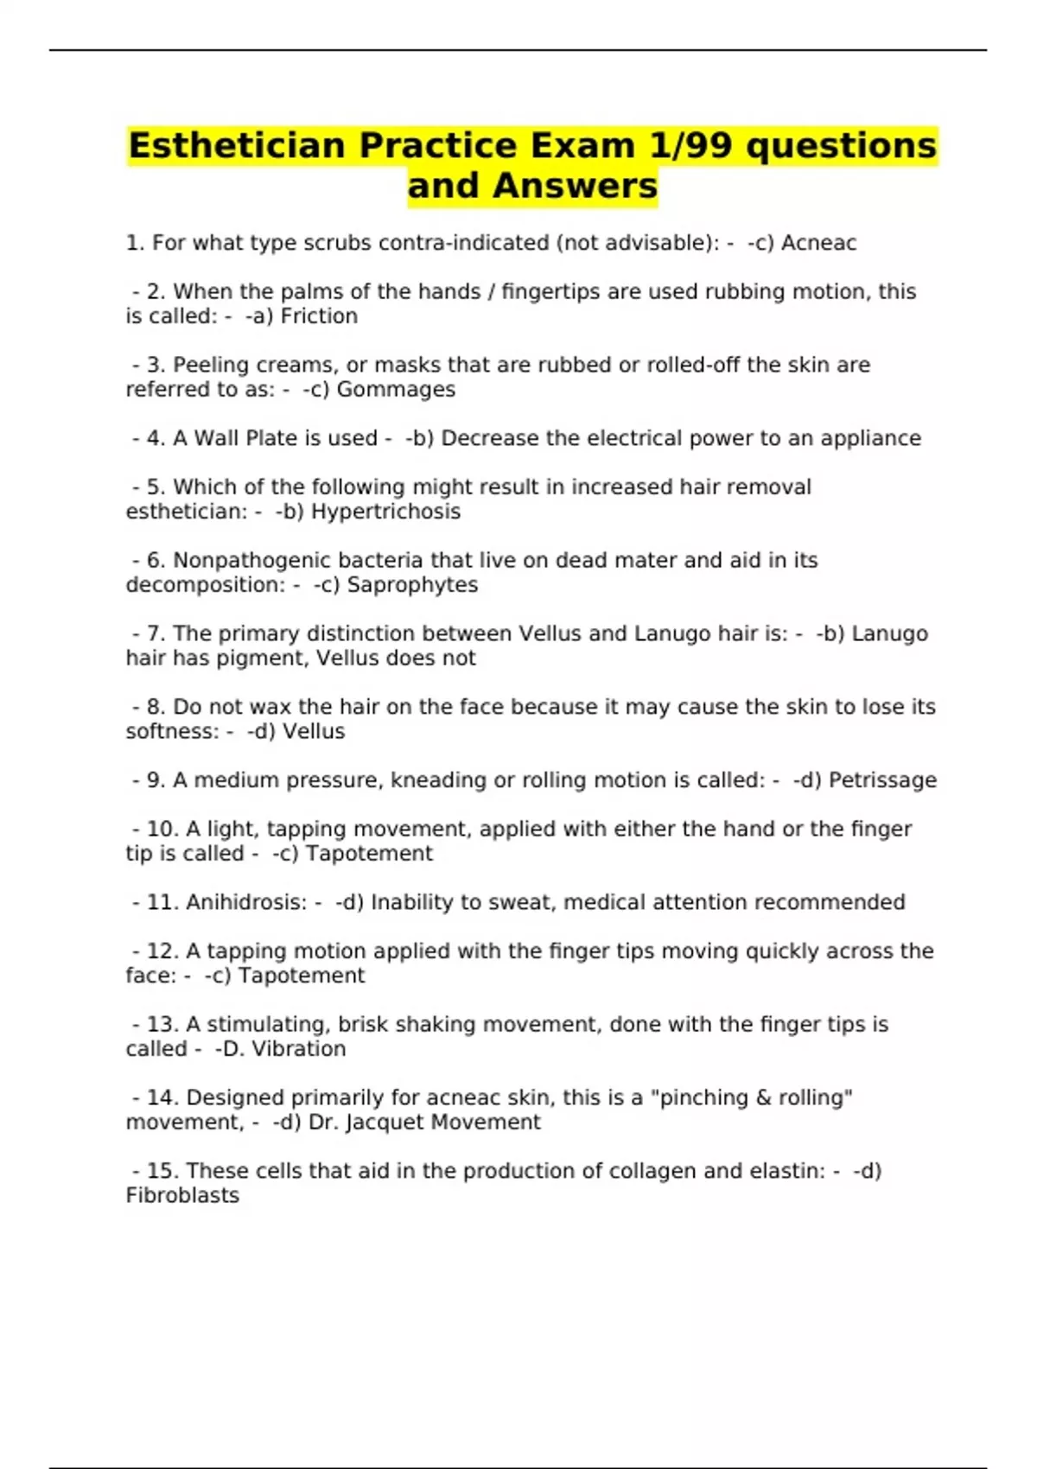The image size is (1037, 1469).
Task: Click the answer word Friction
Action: (319, 316)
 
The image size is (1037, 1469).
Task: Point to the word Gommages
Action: (396, 390)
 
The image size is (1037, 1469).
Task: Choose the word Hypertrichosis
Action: (385, 512)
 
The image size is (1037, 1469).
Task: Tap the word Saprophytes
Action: (412, 585)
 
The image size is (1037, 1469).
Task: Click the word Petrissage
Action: (882, 780)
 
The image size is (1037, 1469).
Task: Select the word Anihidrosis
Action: (246, 902)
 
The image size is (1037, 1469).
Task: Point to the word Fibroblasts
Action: (182, 1196)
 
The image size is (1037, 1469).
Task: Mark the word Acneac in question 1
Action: (818, 244)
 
